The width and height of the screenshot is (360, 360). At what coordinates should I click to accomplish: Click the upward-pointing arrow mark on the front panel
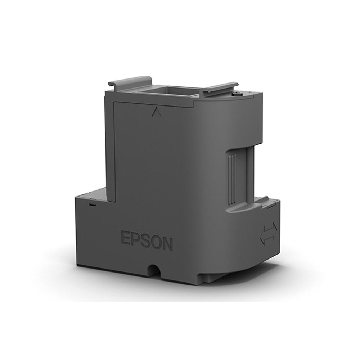(156, 112)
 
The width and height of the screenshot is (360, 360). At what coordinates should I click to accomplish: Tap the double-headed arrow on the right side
(269, 234)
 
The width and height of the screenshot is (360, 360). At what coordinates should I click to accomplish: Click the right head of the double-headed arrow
(274, 229)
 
